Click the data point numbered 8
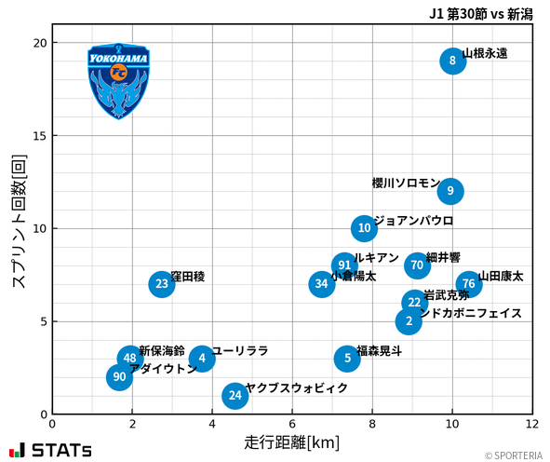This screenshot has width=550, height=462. tap(452, 61)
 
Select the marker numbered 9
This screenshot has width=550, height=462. tap(450, 191)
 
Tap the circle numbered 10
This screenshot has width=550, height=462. tap(365, 228)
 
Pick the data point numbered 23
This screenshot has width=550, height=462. tap(162, 284)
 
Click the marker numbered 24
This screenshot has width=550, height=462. tap(235, 396)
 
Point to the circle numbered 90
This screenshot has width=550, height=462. tap(119, 377)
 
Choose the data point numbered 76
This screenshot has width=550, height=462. tap(469, 284)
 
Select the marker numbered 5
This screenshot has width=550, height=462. tap(347, 358)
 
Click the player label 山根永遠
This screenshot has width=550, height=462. tap(485, 54)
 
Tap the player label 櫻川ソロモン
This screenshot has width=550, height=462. tap(405, 183)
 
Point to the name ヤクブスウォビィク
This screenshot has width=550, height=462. tap(296, 387)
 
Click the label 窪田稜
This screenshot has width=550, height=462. tap(188, 277)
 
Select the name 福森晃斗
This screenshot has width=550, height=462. tap(380, 351)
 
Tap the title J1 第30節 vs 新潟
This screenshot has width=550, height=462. tap(480, 13)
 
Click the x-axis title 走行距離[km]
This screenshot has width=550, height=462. tap(291, 441)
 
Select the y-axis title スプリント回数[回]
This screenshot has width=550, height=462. tap(19, 222)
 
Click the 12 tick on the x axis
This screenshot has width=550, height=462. tap(531, 423)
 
